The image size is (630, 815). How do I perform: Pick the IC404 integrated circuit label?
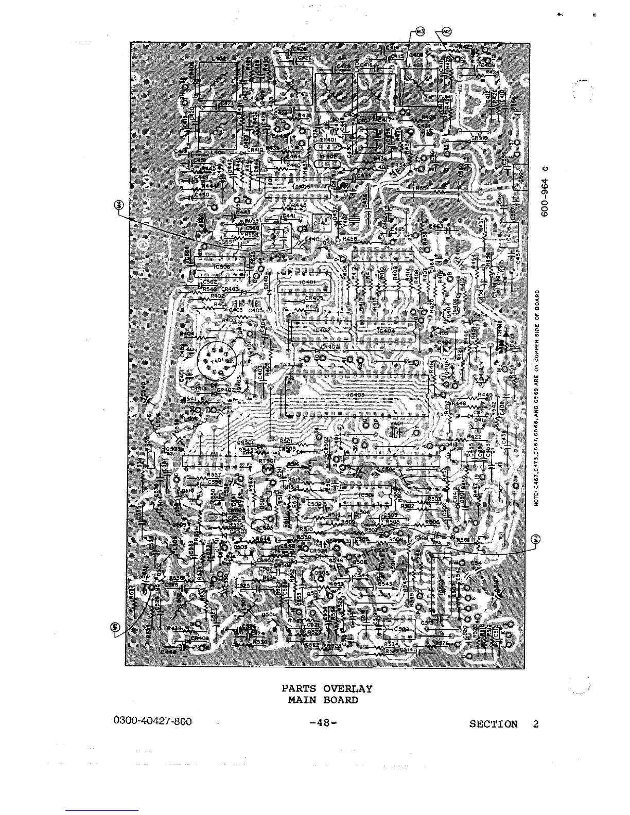[x=386, y=331]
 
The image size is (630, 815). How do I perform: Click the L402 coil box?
[x=218, y=80]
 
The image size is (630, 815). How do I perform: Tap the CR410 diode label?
[x=255, y=150]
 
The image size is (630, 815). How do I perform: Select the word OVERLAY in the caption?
[x=347, y=689]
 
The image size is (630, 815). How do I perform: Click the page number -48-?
[x=323, y=723]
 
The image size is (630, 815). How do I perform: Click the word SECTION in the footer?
[x=493, y=724]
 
